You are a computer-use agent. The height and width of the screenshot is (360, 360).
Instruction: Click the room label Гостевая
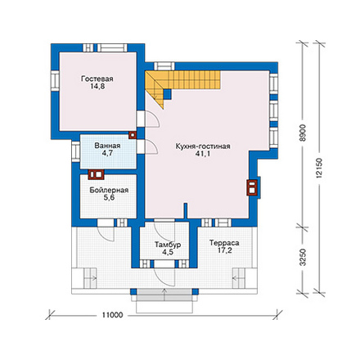pyautogui.click(x=97, y=79)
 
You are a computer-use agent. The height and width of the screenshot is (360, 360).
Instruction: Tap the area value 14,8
pyautogui.click(x=97, y=87)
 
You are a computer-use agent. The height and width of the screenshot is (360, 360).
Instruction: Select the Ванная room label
pyautogui.click(x=107, y=146)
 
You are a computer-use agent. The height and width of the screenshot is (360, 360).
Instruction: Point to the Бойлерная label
pyautogui.click(x=109, y=190)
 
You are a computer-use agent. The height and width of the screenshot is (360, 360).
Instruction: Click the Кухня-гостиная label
pyautogui.click(x=203, y=146)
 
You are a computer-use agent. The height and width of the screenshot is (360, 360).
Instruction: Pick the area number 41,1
pyautogui.click(x=203, y=154)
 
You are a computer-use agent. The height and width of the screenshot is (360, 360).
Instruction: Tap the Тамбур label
pyautogui.click(x=168, y=245)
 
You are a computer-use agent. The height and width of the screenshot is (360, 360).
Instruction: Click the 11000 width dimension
pyautogui.click(x=113, y=315)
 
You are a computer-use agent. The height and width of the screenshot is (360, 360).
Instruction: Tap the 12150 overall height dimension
pyautogui.click(x=319, y=168)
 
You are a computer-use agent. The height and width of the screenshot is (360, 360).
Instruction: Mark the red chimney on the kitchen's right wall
pyautogui.click(x=252, y=187)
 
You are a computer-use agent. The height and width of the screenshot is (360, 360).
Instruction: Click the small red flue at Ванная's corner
pyautogui.click(x=133, y=135)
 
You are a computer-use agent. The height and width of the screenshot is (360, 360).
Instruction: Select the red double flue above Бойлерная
pyautogui.click(x=96, y=174)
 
